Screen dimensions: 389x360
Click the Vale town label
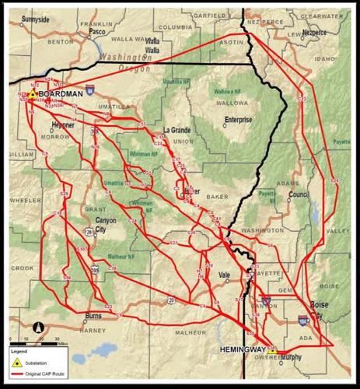(225, 275)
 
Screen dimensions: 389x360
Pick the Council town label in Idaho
(298, 195)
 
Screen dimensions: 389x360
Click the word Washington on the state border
(124, 58)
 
